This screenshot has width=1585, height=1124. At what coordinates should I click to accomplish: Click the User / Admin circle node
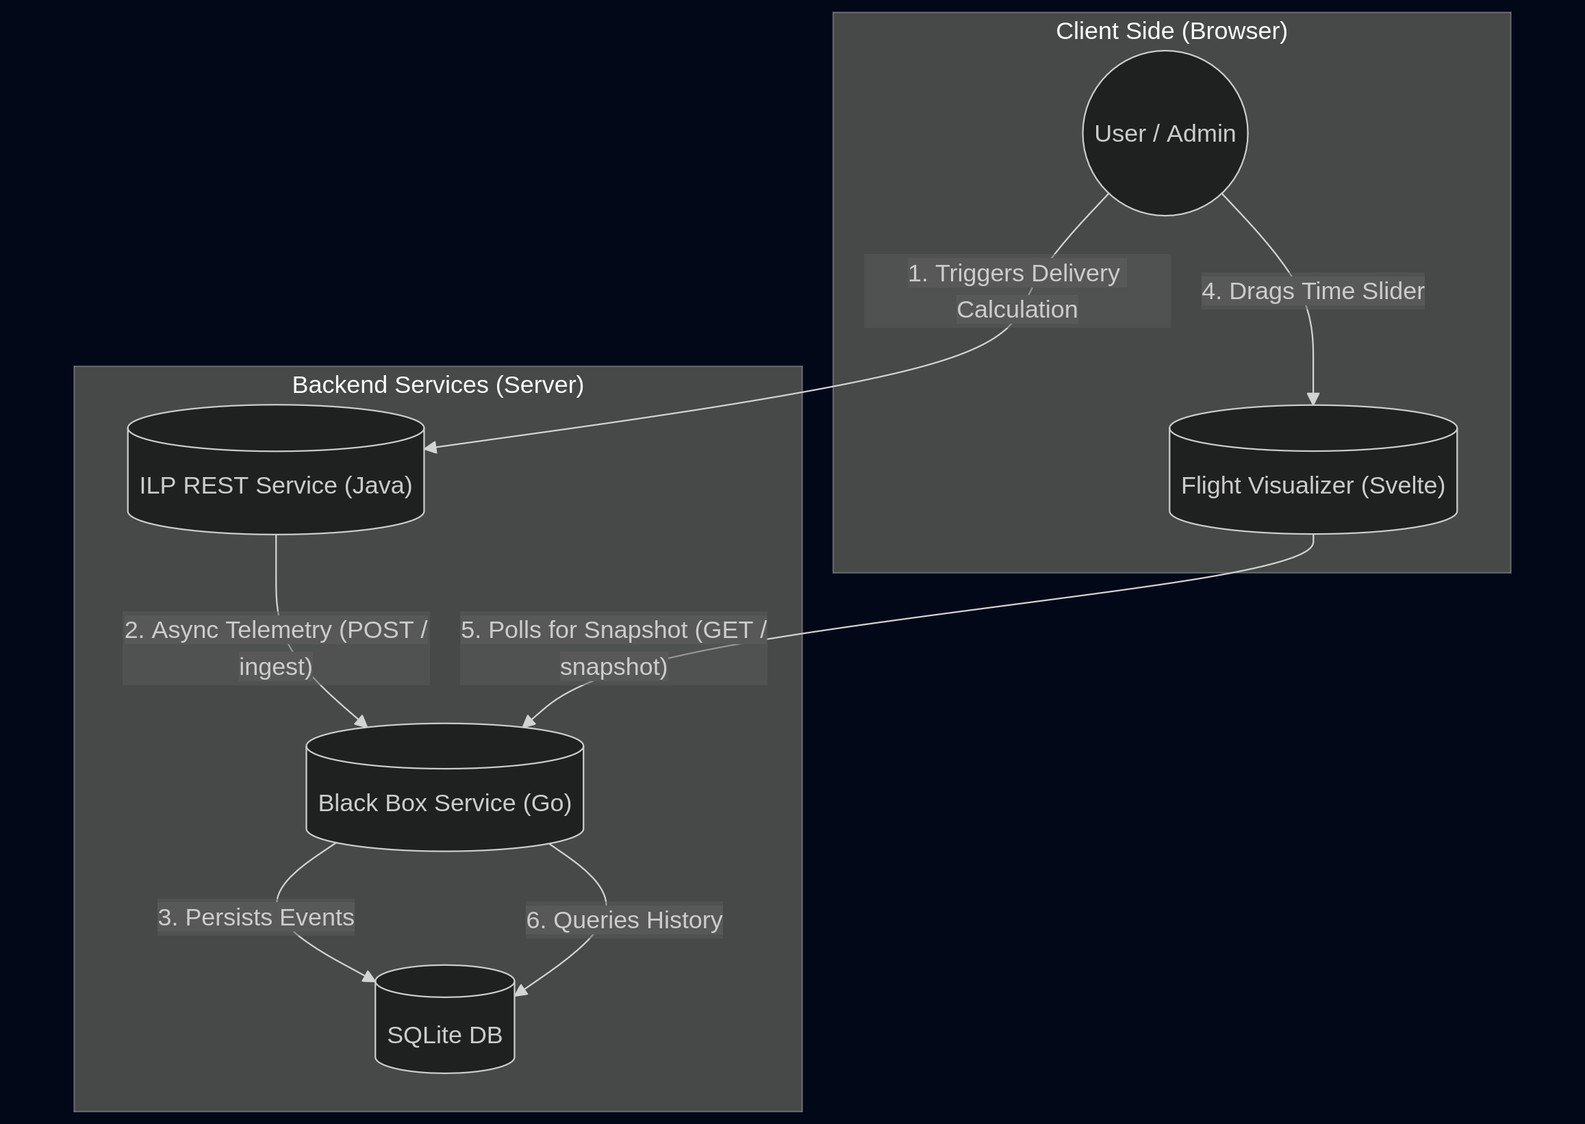click(1165, 133)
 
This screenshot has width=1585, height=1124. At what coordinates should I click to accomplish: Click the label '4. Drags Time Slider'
click(1313, 291)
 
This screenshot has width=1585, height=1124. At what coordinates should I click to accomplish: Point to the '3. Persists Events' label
click(255, 917)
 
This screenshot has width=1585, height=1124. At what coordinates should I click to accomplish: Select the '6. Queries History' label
click(624, 920)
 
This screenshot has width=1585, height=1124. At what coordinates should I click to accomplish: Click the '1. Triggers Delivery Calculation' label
click(1016, 291)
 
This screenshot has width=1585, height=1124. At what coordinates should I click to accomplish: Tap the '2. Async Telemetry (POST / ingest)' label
click(275, 648)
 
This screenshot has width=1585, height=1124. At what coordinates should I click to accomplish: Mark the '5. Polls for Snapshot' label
click(613, 648)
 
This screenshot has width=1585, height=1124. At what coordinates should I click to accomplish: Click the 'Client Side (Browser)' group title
click(1171, 31)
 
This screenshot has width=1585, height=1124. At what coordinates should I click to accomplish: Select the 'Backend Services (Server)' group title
click(438, 385)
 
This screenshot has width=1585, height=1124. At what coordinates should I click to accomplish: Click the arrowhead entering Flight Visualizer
click(1313, 399)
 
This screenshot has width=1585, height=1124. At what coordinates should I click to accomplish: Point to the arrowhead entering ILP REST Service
click(431, 448)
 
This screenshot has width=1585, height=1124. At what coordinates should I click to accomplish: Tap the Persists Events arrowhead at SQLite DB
click(369, 978)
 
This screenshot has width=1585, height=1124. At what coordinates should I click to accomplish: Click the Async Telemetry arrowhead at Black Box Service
click(362, 721)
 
